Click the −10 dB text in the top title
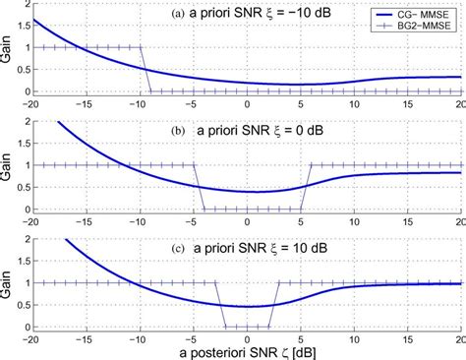308,14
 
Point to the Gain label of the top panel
8,47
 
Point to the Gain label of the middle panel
8,164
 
